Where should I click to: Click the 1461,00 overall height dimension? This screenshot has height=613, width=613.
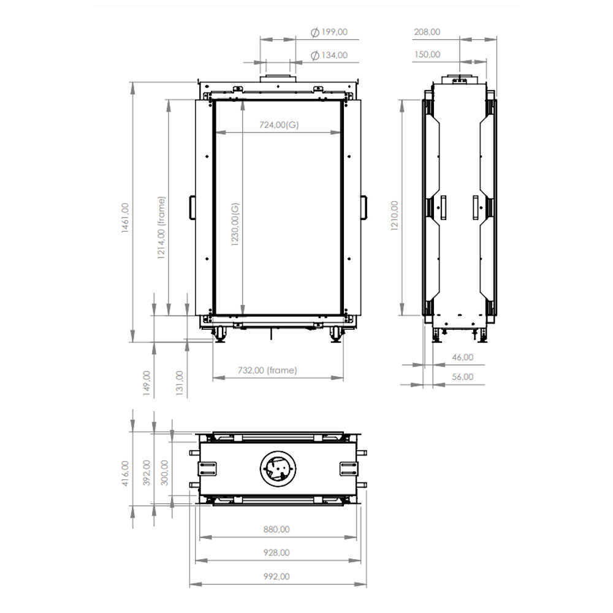(125, 218)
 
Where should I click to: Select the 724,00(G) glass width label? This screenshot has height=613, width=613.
(279, 124)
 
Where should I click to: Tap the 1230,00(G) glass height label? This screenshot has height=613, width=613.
(235, 224)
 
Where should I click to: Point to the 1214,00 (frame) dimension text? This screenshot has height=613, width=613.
(161, 227)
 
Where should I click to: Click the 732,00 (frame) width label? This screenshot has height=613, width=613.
(267, 370)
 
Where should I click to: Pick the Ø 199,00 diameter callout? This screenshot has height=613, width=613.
(329, 32)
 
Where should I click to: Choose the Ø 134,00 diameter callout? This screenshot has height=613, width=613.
(329, 55)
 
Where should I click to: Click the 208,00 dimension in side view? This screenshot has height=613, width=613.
(427, 32)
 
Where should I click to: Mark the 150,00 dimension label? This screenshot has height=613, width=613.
(427, 55)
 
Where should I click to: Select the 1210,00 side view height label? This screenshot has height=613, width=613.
(394, 216)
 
